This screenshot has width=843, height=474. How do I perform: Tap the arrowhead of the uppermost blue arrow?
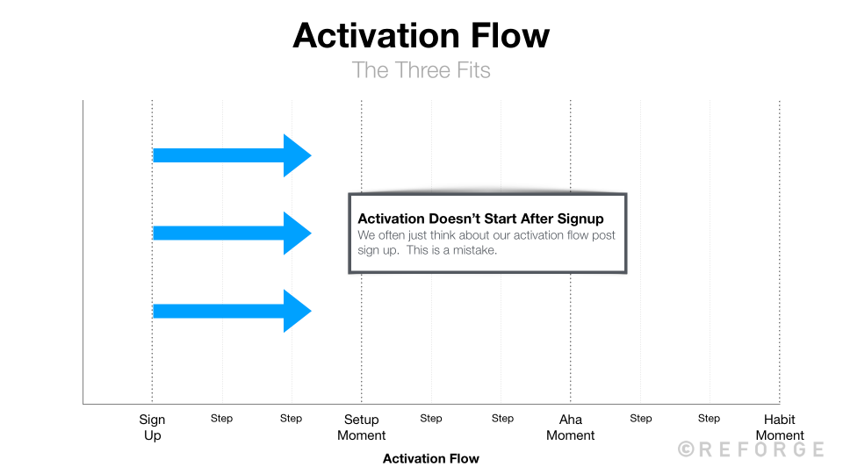tap(297, 155)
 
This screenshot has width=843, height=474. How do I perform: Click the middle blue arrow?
tap(231, 233)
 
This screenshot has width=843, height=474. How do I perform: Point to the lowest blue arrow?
tap(231, 311)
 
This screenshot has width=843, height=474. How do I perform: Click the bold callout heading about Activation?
tap(480, 219)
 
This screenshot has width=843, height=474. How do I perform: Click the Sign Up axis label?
tap(152, 427)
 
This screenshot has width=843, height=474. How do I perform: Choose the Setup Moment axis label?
tap(361, 427)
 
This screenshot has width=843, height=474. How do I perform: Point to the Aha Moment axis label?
tap(571, 427)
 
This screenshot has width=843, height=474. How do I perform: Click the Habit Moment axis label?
tap(780, 427)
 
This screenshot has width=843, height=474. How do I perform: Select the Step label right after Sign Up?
tap(221, 419)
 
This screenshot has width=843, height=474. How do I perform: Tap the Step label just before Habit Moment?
tap(709, 419)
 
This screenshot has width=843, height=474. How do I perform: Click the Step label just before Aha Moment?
tap(502, 419)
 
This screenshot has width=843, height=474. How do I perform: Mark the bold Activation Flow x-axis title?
tap(431, 458)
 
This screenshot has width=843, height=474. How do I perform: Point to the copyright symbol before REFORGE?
tap(686, 449)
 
